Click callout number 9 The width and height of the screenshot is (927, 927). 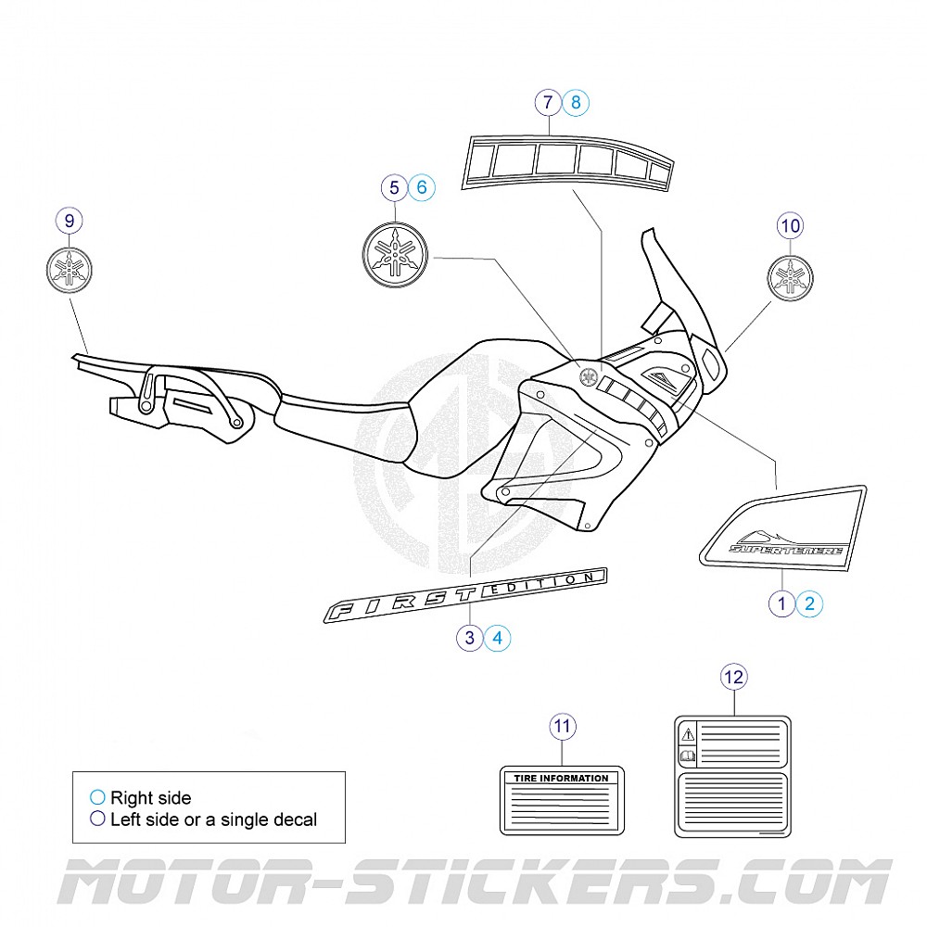click(70, 221)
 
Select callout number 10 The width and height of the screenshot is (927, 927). click(790, 225)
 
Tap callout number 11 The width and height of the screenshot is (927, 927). click(562, 727)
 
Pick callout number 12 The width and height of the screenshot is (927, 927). click(733, 678)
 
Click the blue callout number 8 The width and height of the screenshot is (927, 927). click(576, 103)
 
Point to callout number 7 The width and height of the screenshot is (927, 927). click(548, 103)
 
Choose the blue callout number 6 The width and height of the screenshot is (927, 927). click(421, 187)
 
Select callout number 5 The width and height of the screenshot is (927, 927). click(394, 187)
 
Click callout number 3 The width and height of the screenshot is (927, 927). click(470, 637)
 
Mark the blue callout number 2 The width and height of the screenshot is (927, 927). click(809, 604)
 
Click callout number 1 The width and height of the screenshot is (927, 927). click(782, 604)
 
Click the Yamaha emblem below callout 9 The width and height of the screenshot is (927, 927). click(70, 270)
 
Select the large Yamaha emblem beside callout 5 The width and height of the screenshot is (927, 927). click(396, 254)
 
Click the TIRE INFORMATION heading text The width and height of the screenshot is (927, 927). click(562, 779)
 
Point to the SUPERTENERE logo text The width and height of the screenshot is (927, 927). click(786, 549)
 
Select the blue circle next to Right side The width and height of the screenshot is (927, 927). click(97, 797)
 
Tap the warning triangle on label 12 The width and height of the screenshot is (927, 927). click(687, 734)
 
